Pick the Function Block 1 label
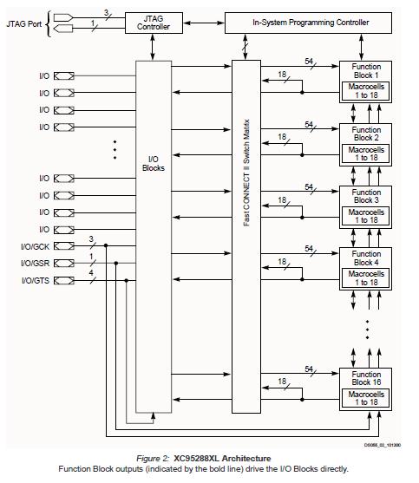pos(366,71)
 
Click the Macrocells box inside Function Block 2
pos(366,154)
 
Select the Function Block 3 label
pos(366,196)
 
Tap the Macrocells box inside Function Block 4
pos(366,278)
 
